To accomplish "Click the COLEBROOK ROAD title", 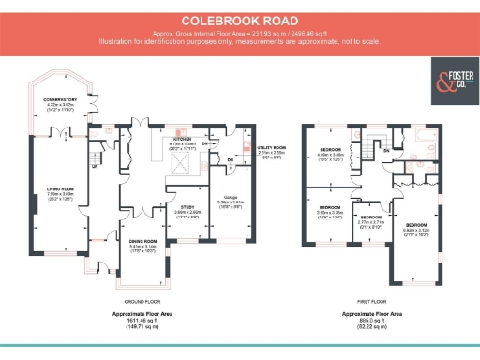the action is click(x=240, y=20).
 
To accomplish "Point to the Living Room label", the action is click(x=60, y=192).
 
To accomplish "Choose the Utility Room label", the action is click(x=272, y=148).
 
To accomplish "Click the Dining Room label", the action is click(x=130, y=246).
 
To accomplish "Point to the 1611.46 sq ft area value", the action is click(x=138, y=320).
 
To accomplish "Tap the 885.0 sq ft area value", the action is click(x=371, y=320).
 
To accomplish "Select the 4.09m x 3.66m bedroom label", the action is click(x=331, y=152).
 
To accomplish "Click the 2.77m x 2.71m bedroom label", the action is click(x=367, y=221).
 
